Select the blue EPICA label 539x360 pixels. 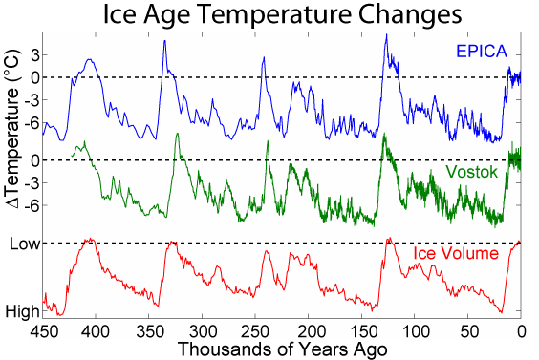487,52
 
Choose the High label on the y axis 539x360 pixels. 22,310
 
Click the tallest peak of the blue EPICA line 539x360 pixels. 385,35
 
